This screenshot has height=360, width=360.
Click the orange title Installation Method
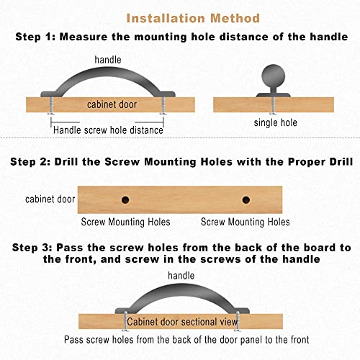point(193,18)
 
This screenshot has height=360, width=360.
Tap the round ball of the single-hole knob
point(274,76)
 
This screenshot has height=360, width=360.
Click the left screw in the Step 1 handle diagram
point(51,106)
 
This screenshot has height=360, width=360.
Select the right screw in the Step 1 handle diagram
point(163,106)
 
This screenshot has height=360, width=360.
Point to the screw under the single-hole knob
point(273,105)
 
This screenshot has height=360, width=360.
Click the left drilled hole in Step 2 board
point(125,199)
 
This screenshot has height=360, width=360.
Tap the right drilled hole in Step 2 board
point(246,199)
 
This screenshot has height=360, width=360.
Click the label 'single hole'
point(276,122)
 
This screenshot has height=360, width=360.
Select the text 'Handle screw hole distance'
point(108,130)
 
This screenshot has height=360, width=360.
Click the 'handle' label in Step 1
point(108,60)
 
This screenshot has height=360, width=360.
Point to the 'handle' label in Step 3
point(181,276)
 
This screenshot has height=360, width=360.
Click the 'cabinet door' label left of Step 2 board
point(50,199)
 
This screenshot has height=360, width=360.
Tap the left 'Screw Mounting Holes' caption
point(125,222)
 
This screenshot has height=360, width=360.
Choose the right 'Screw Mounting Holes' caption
point(246,222)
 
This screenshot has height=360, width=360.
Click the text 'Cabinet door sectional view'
point(182,322)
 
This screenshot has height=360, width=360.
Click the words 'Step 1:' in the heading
point(35,37)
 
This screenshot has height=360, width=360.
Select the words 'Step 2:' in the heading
point(30,162)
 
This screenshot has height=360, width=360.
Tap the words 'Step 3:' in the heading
point(32,248)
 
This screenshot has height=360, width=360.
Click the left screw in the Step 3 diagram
point(125,322)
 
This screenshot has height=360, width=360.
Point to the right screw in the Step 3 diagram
point(238,322)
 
